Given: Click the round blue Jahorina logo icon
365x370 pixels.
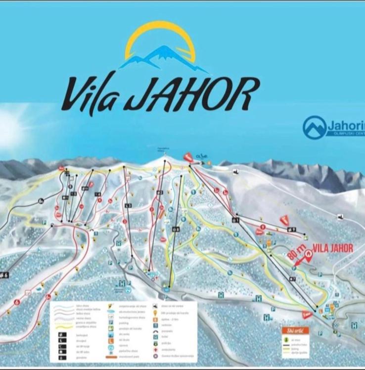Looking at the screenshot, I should tap(315, 127).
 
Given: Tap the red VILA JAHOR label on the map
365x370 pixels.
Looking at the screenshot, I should tap(333, 248).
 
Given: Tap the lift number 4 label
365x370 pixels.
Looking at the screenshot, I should tap(97, 194).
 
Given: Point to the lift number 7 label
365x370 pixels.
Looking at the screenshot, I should tap(292, 279).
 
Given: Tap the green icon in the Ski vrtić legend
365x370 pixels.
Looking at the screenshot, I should tap(286, 340).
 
